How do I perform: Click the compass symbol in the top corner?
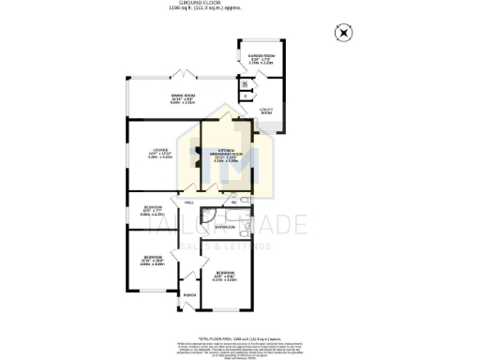(344, 33)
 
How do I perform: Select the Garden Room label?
(261, 57)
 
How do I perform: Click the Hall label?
(188, 202)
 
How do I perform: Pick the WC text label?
(231, 202)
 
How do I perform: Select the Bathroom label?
(225, 227)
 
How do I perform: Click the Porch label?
(188, 294)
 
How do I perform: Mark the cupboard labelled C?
(244, 96)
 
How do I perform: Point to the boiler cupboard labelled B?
(244, 85)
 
